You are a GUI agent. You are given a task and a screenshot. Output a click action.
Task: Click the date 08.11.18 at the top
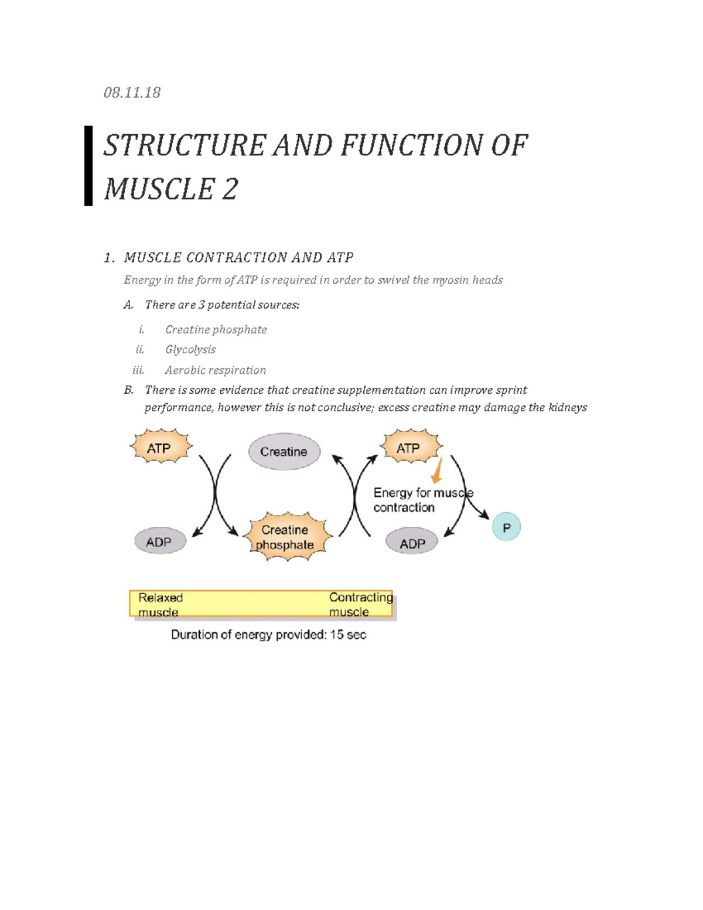click(132, 93)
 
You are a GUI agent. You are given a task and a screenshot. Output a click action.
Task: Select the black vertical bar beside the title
click(88, 166)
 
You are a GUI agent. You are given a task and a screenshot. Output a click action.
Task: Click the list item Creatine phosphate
click(216, 330)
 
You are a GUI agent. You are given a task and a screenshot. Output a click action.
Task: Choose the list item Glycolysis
click(190, 350)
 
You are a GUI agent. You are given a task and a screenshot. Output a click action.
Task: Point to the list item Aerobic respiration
click(215, 370)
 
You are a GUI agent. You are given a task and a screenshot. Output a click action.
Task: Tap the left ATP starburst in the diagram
click(159, 448)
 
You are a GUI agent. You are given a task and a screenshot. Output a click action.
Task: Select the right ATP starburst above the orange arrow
click(409, 448)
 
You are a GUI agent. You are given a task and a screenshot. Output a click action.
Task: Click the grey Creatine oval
click(284, 452)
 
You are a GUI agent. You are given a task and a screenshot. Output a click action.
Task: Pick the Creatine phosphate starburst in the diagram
click(285, 537)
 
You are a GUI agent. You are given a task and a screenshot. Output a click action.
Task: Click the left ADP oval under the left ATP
click(159, 542)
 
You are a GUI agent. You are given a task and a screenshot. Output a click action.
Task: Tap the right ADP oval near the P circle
click(412, 543)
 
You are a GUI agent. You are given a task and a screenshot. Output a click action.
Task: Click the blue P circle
click(506, 527)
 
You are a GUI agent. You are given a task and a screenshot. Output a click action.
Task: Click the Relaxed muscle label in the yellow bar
click(160, 605)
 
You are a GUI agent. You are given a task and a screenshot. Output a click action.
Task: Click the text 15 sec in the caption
click(348, 635)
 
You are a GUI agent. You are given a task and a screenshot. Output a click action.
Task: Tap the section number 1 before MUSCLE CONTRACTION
click(108, 258)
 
